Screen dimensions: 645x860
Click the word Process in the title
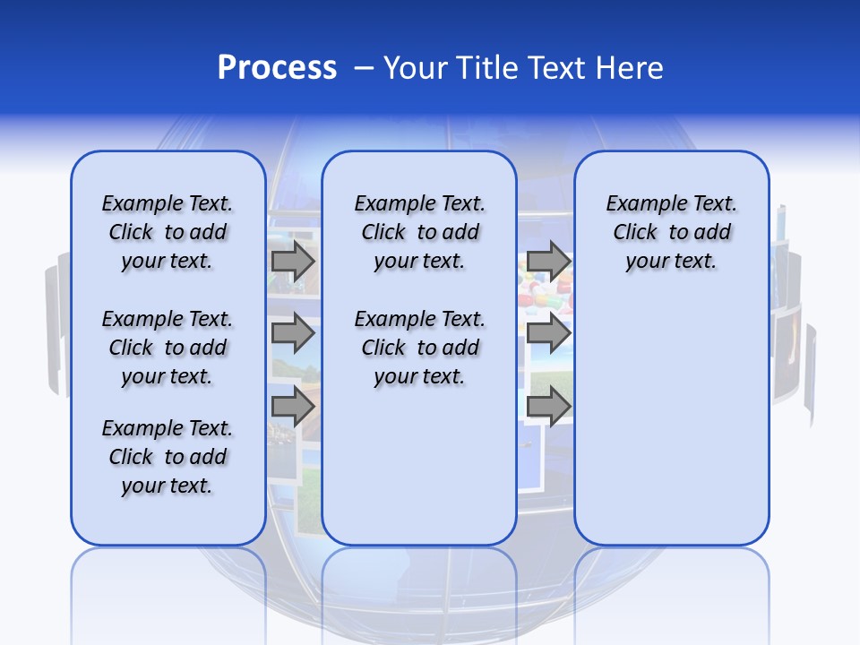277,67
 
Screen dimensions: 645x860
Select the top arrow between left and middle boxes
293,261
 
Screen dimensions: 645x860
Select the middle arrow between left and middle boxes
293,333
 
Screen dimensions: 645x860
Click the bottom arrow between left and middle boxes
293,406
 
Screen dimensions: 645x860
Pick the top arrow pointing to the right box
548,261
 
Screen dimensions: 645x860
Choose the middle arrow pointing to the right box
548,333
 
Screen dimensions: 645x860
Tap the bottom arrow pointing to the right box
548,406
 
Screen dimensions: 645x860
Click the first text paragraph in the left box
168,232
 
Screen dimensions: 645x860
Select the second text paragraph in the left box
168,348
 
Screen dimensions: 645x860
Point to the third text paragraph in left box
168,457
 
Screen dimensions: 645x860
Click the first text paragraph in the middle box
419,232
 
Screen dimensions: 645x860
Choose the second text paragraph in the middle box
419,348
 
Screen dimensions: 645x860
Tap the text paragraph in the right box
671,232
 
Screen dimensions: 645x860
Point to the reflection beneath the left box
168,582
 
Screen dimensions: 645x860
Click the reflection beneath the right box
671,582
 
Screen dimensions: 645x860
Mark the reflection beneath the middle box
419,582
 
